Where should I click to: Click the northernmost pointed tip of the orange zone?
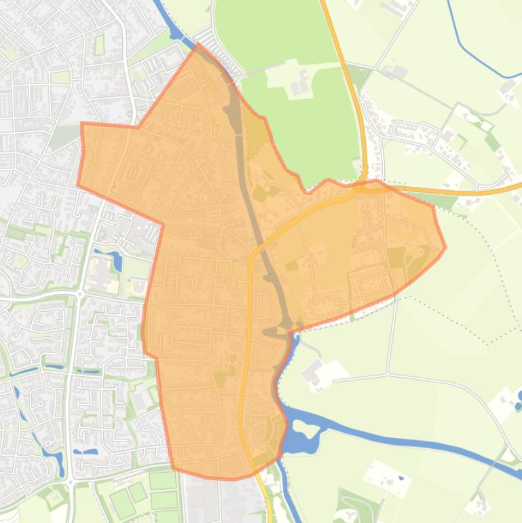point(198,46)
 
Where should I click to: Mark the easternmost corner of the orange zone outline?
point(445,247)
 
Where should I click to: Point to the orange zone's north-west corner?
point(82,124)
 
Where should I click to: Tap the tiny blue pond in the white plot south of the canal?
point(401,479)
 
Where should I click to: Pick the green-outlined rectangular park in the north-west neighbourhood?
point(100,46)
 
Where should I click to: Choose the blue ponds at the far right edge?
point(519,401)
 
